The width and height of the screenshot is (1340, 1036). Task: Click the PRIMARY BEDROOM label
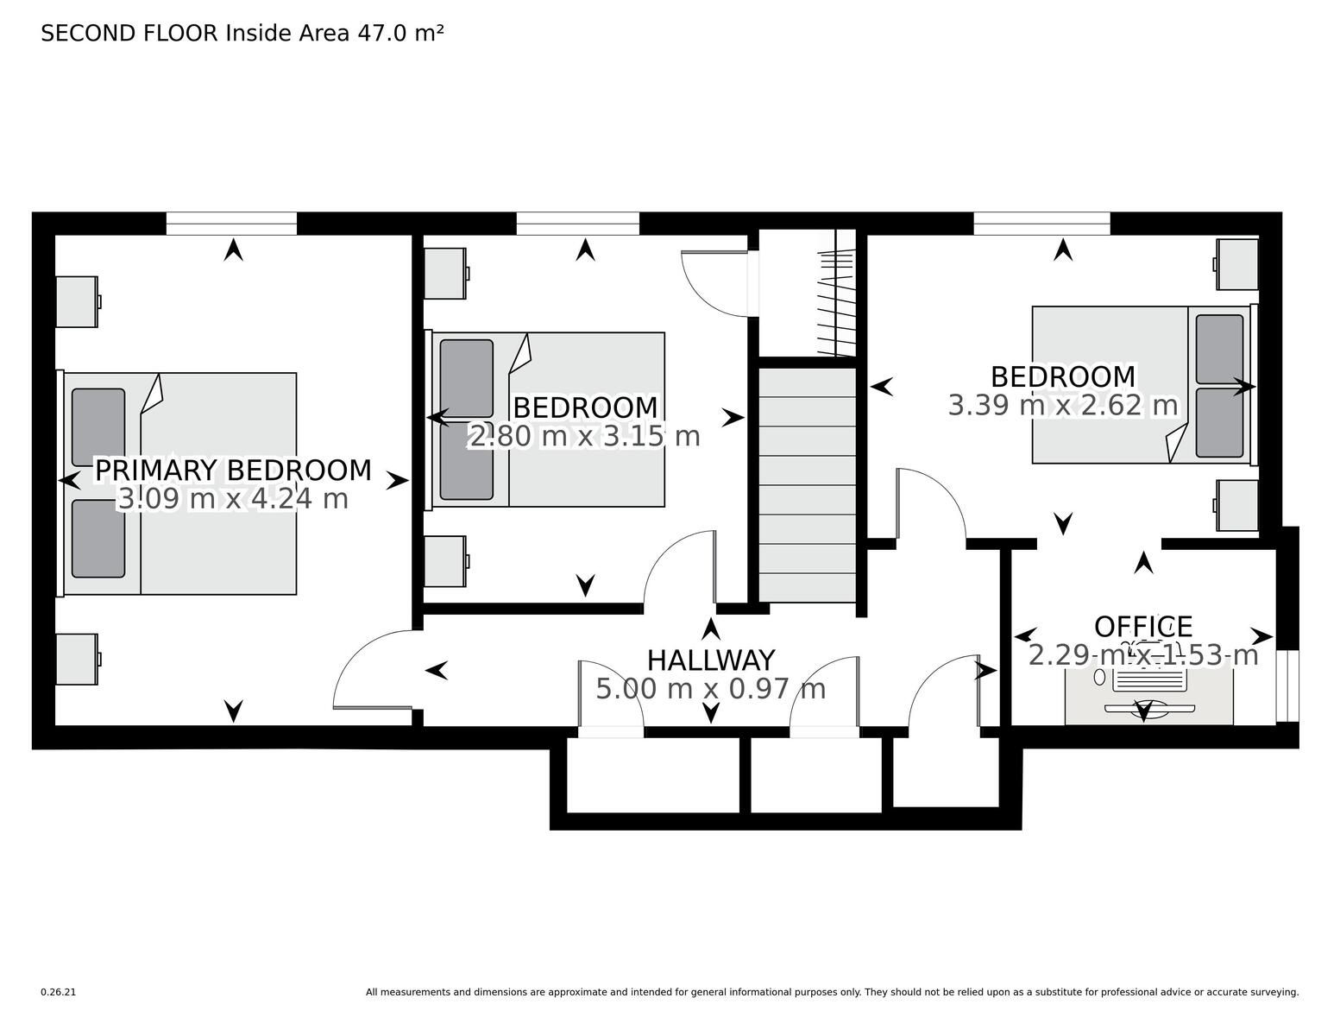click(x=233, y=471)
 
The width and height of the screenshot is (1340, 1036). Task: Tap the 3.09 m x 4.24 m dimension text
click(x=233, y=499)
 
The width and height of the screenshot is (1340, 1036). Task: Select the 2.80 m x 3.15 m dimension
click(x=585, y=437)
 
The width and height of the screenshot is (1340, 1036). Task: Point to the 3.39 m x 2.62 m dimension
click(x=1063, y=406)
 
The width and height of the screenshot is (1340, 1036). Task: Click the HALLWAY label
click(x=711, y=660)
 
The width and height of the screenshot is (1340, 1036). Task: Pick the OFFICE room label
click(x=1143, y=627)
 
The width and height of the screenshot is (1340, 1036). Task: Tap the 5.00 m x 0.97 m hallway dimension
click(x=711, y=689)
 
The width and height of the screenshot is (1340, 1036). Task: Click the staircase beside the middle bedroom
click(x=808, y=485)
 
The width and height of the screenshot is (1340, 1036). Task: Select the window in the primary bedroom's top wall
click(x=231, y=224)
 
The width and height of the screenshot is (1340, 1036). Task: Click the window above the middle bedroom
click(x=578, y=224)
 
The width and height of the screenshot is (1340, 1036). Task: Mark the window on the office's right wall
click(x=1287, y=685)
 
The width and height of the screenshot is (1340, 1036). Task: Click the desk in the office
click(x=1148, y=695)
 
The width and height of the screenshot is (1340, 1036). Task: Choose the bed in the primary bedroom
click(x=177, y=483)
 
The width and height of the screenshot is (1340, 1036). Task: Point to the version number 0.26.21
click(x=59, y=992)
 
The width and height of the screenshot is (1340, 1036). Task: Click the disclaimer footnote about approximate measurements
click(x=833, y=992)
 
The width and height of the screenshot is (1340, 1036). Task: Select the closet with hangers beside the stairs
click(x=808, y=295)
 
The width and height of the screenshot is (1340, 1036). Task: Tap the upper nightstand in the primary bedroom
click(x=78, y=301)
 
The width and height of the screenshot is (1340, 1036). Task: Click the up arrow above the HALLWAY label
click(x=711, y=629)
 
